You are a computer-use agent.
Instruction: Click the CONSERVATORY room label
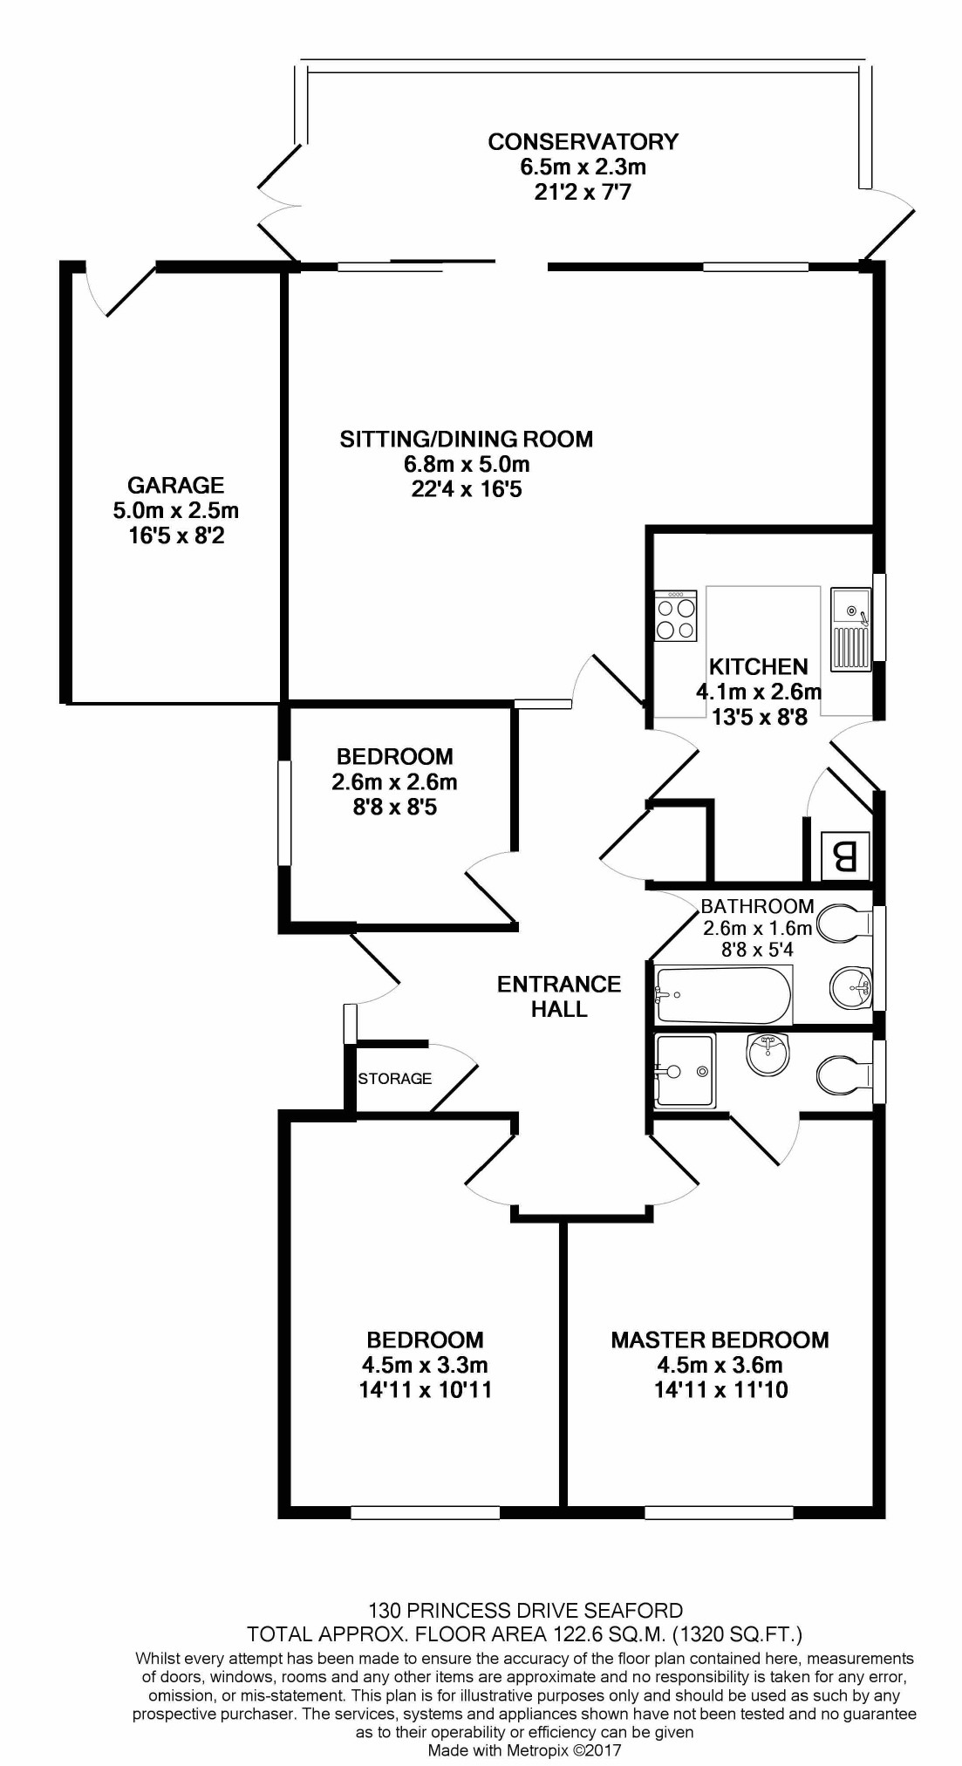coord(583,141)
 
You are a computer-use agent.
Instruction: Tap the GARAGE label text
coord(175,485)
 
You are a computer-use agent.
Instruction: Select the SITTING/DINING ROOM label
coord(466,439)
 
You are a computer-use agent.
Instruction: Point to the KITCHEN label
coord(758,667)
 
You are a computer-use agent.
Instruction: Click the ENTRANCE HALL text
coord(559,996)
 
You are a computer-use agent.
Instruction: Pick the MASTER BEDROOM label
coord(720,1340)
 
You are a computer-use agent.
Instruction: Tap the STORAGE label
coord(394,1079)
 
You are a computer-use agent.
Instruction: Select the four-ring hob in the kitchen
coord(676,617)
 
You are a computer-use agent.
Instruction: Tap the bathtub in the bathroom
coord(723,995)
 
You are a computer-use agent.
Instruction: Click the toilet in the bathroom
coord(845,923)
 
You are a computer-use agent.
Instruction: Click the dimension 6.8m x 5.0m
coord(466,464)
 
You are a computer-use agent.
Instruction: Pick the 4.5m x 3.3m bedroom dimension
coord(425,1365)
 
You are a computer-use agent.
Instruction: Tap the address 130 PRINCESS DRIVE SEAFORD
coord(525,1610)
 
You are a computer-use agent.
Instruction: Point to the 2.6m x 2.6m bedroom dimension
coord(394,782)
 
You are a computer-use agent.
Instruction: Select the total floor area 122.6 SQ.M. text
coord(525,1633)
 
